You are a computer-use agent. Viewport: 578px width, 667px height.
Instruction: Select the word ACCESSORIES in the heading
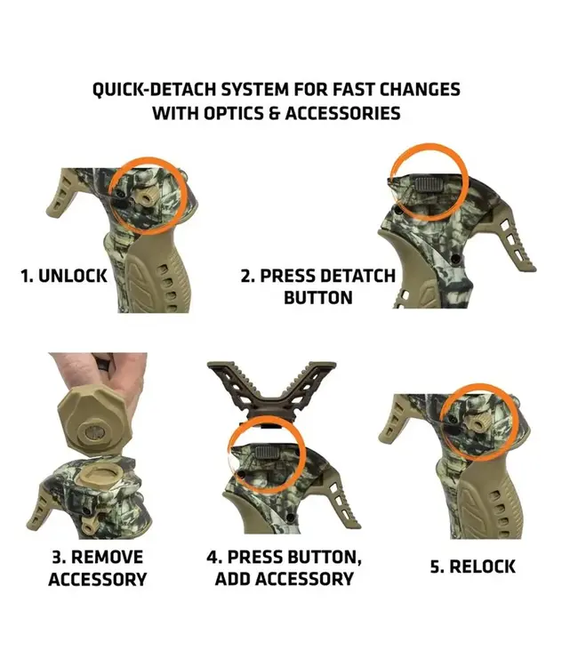(x=343, y=114)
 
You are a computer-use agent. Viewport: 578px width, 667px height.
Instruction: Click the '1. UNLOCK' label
(x=64, y=276)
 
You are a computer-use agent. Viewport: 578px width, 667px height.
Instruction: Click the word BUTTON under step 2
(x=318, y=297)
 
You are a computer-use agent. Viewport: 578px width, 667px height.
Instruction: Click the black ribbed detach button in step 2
(x=430, y=185)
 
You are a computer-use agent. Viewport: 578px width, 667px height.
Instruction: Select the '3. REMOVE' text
(x=98, y=557)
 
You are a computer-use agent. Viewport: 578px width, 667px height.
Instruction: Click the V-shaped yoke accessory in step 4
(x=272, y=389)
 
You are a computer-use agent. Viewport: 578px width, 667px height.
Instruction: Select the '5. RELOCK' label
(x=472, y=567)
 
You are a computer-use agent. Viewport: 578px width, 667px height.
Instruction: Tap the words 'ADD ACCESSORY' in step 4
(x=284, y=579)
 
